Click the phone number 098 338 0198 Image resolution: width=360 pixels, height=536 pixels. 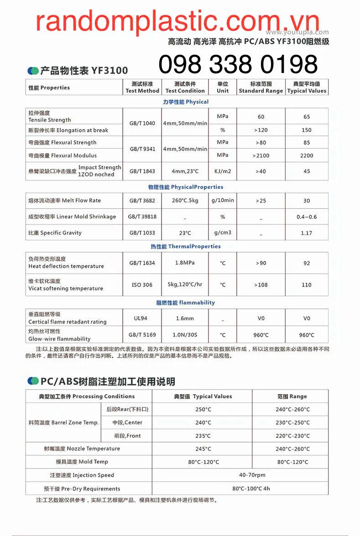tap(238, 64)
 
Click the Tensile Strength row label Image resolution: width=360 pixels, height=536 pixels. tap(50, 116)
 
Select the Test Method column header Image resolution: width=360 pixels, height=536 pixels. tap(142, 87)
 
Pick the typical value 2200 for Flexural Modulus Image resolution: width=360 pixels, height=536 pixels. tap(307, 156)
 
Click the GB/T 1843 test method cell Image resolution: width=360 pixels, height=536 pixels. tap(142, 171)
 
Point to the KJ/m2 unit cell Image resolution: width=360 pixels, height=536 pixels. tap(223, 171)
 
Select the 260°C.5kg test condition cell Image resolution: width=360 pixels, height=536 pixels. tap(185, 200)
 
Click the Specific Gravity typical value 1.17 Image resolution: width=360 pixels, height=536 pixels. tap(307, 233)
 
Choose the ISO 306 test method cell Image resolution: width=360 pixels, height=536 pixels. tap(142, 285)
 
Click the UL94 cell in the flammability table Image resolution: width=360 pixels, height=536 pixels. tap(142, 318)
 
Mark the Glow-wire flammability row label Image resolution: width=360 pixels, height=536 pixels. tap(59, 335)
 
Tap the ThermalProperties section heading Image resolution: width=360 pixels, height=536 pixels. tap(186, 246)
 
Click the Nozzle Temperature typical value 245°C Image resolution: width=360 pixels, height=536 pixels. tap(203, 449)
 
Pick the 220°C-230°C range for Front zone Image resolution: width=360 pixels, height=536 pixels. tap(292, 436)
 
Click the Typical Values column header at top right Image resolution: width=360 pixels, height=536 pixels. tap(307, 87)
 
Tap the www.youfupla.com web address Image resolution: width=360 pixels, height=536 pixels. tap(297, 32)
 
